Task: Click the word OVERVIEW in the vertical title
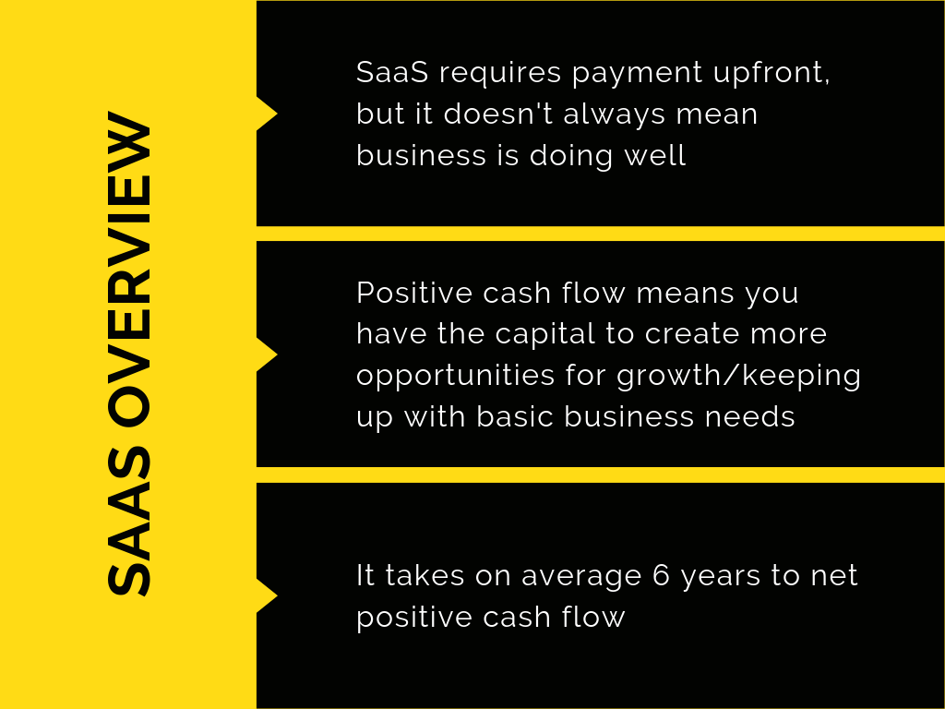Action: [129, 270]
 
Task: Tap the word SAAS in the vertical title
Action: [129, 522]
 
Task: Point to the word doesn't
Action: [497, 114]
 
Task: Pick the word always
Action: [614, 114]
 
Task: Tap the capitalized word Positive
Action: [414, 293]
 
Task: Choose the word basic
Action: [515, 416]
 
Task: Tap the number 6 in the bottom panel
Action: [661, 575]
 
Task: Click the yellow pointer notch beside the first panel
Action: [266, 114]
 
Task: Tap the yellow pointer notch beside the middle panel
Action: [266, 354]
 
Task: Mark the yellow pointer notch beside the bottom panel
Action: [266, 595]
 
